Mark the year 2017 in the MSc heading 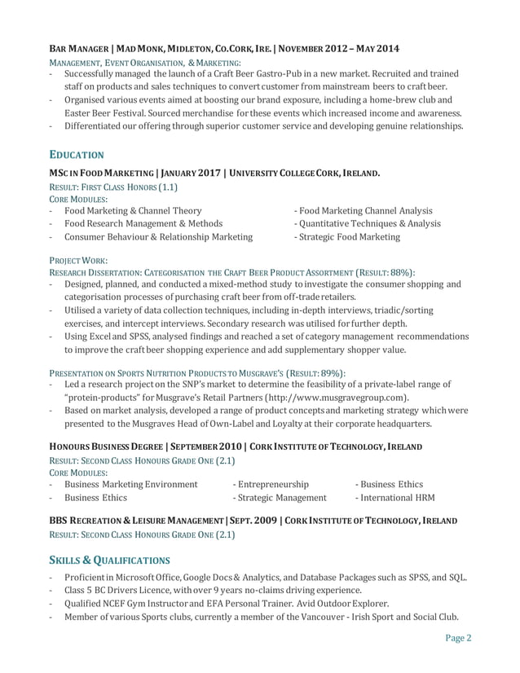(209, 174)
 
